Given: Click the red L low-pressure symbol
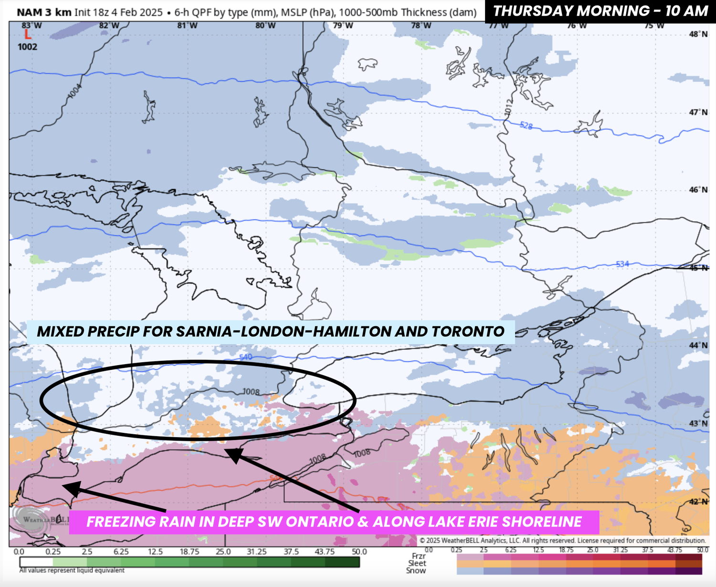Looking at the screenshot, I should pyautogui.click(x=28, y=35).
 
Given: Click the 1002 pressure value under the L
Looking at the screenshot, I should pyautogui.click(x=27, y=47).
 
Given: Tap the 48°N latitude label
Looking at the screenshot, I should pyautogui.click(x=698, y=34).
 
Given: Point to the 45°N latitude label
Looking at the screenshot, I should pyautogui.click(x=698, y=268).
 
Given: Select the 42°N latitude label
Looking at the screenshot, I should pyautogui.click(x=698, y=502).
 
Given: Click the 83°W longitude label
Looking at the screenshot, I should pyautogui.click(x=32, y=26).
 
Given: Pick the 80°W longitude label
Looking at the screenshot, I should pyautogui.click(x=265, y=26).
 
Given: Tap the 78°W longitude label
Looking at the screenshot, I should pyautogui.click(x=421, y=26).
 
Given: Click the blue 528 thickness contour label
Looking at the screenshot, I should pyautogui.click(x=526, y=126).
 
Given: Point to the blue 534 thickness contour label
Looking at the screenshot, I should pyautogui.click(x=622, y=264).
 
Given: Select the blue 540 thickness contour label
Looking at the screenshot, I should pyautogui.click(x=246, y=357).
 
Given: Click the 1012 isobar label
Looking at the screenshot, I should pyautogui.click(x=509, y=107).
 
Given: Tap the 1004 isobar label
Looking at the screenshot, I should pyautogui.click(x=75, y=91).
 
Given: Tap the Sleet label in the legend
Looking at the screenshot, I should pyautogui.click(x=417, y=563).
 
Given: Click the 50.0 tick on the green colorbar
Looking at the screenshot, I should pyautogui.click(x=359, y=552).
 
